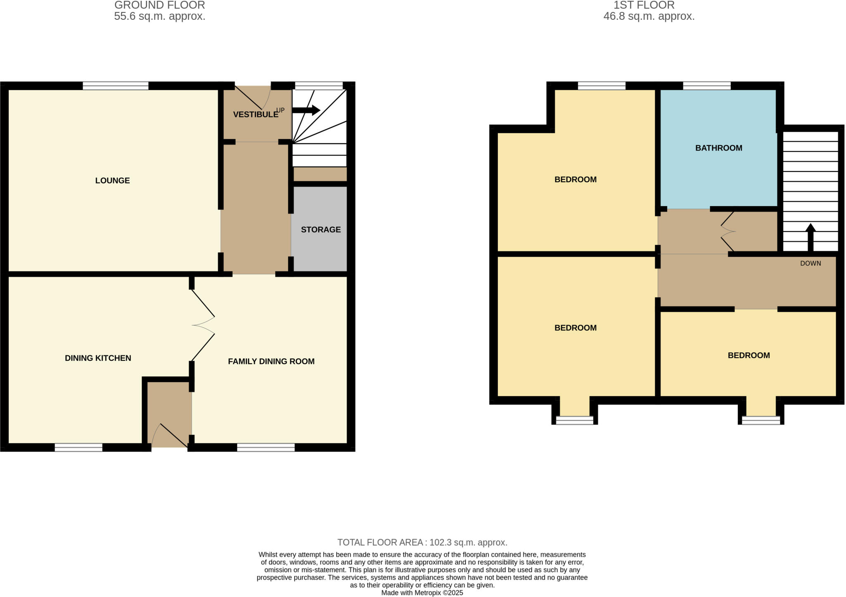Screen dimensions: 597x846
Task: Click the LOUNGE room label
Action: tap(112, 181)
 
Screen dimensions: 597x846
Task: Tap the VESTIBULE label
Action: tap(255, 114)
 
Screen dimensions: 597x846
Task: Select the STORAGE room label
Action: tap(321, 230)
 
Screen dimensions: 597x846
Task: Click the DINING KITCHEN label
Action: tap(98, 358)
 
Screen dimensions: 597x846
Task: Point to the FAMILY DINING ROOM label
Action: tap(271, 362)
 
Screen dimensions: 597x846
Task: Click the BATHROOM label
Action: tap(718, 148)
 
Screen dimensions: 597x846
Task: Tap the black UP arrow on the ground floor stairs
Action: tap(306, 110)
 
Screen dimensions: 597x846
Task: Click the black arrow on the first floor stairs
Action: tap(810, 237)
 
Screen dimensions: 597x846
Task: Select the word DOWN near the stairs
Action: tap(810, 263)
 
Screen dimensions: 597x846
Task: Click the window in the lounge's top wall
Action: tap(115, 86)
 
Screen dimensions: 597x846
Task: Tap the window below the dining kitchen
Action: tap(78, 447)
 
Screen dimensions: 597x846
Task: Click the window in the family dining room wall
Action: tap(266, 447)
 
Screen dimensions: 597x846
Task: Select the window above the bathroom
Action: tap(706, 86)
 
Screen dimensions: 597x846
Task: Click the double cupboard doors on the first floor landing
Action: tap(728, 231)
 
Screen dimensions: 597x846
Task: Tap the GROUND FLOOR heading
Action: tap(159, 5)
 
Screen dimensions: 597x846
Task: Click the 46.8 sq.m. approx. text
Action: tap(649, 17)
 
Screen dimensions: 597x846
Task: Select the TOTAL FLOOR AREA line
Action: tap(422, 542)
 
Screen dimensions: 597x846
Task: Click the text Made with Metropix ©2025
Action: tap(422, 593)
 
